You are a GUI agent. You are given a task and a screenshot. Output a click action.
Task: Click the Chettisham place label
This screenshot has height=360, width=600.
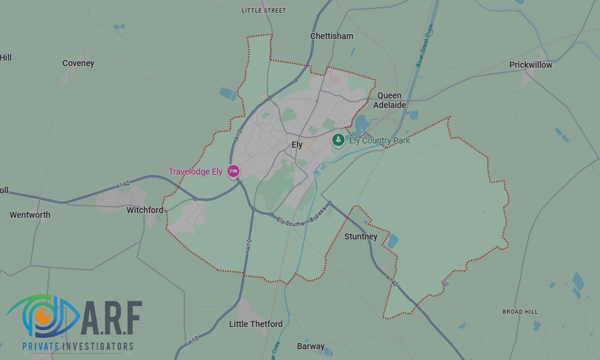(x=332, y=36)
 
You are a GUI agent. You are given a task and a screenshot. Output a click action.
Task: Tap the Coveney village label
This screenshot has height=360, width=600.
(x=79, y=63)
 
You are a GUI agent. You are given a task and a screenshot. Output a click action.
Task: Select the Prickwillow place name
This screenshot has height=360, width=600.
(x=530, y=65)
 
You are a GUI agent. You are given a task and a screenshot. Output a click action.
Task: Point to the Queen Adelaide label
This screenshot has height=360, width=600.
(x=390, y=100)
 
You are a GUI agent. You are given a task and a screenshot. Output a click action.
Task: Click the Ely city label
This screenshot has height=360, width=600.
(x=297, y=145)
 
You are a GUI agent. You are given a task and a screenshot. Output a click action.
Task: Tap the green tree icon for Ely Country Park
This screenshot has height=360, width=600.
(x=338, y=140)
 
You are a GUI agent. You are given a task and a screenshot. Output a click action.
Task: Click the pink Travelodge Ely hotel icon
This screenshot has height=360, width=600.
(x=233, y=171)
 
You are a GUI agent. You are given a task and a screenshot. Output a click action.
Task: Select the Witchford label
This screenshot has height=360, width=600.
(x=145, y=210)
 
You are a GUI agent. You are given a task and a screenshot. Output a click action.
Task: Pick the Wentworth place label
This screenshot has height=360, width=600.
(x=30, y=215)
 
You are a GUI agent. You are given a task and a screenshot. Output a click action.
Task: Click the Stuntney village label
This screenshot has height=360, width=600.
(x=361, y=236)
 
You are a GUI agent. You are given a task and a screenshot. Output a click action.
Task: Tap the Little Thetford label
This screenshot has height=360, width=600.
(x=256, y=324)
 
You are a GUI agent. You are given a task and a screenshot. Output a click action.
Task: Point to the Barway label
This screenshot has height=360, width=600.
(x=311, y=346)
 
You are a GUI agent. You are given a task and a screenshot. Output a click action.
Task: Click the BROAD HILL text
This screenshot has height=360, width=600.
(x=520, y=312)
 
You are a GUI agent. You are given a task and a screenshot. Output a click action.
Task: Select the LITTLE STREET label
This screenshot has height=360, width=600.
(x=264, y=11)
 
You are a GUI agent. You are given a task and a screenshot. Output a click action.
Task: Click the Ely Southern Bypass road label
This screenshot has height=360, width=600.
(x=301, y=217)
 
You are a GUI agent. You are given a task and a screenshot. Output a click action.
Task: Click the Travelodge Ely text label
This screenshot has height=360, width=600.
(x=196, y=172)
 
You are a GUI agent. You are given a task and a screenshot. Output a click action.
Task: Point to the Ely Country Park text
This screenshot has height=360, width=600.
(x=380, y=140)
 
